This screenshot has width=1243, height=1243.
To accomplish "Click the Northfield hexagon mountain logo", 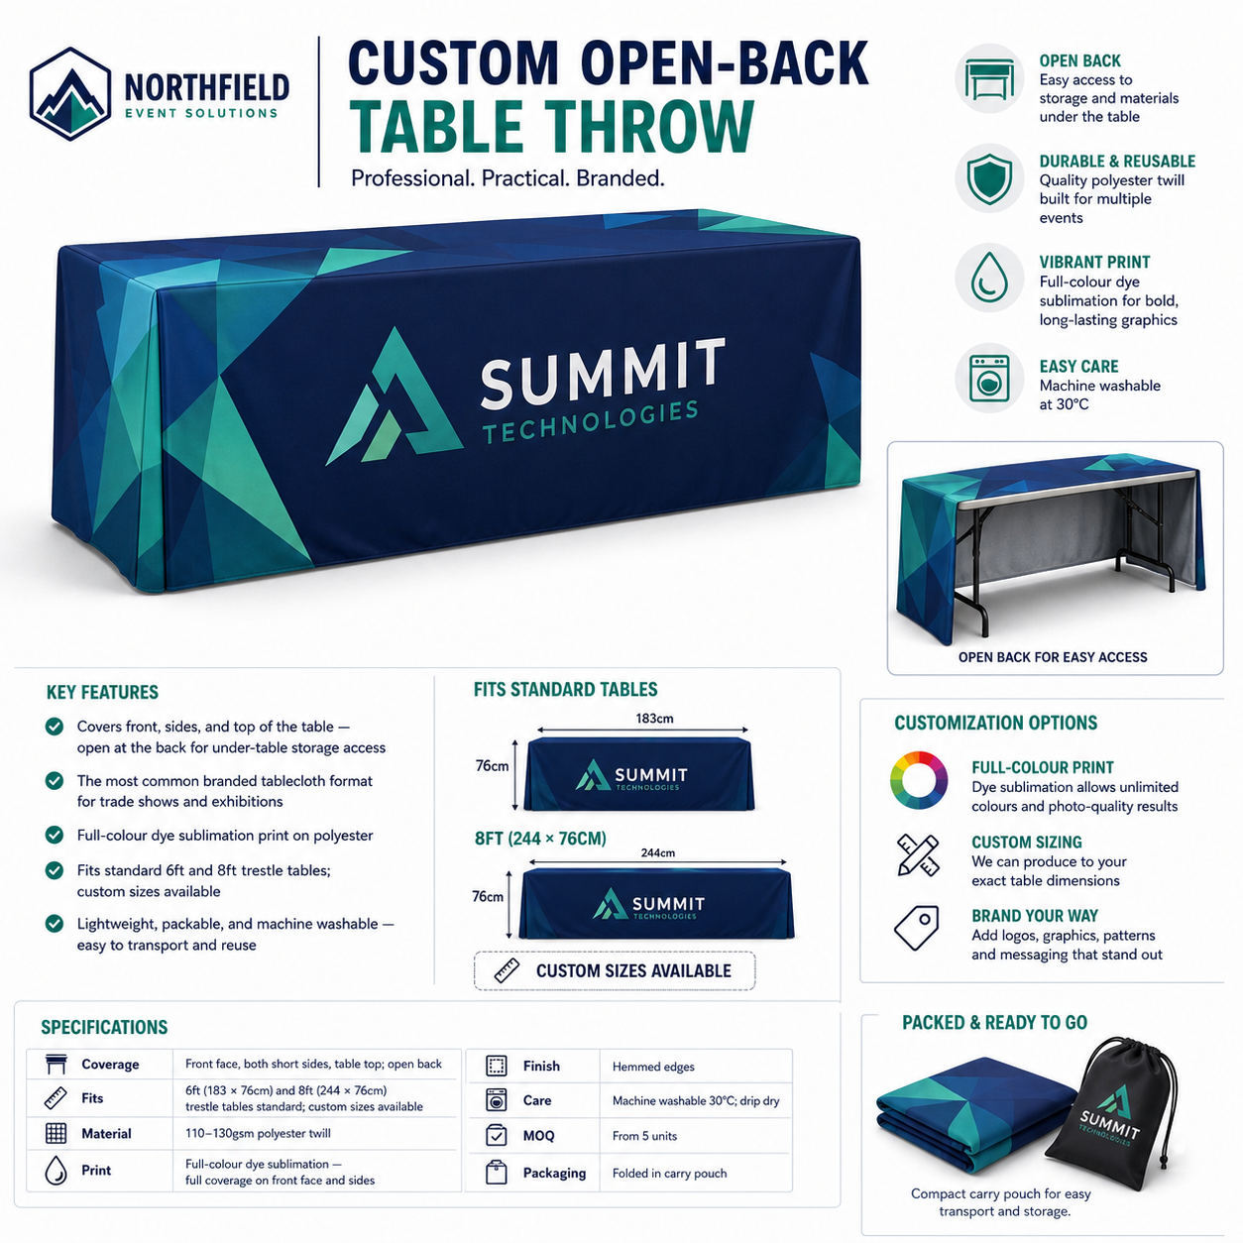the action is coord(69,94).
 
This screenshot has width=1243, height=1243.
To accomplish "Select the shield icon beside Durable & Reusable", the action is coord(989,178).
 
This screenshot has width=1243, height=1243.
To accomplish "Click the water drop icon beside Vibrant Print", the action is coord(989,278).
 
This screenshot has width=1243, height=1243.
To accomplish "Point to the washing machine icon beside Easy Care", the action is coord(989,378).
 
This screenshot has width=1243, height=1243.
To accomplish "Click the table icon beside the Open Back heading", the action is coord(989,78).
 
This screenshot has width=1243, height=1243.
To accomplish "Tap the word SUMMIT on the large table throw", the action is coord(603,374).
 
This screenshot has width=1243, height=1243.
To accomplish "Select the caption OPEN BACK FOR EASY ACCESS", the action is coord(1053,657).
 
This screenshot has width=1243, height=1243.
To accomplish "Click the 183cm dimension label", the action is coord(654,718).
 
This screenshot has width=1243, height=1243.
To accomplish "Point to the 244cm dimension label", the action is coord(658,852).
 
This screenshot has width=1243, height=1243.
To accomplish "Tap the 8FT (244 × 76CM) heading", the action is coord(540,839).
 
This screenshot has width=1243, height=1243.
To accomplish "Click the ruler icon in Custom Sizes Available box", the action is coord(507,970).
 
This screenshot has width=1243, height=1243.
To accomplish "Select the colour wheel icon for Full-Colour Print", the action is coord(919,780).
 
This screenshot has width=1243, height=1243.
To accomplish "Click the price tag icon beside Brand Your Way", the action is coord(917,928).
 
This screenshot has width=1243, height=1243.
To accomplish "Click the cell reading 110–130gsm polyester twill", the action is coord(258,1133).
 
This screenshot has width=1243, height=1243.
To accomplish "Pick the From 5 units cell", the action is coord(644,1136).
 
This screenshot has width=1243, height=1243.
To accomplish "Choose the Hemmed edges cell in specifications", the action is coord(653,1067).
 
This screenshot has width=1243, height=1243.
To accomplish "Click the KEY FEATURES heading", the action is coord(102,692).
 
